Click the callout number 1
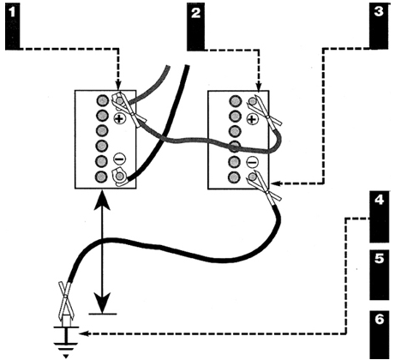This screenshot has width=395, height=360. click(12, 13)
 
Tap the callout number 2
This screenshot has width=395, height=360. click(195, 13)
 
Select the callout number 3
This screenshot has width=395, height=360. click(379, 12)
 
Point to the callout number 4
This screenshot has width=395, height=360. click(379, 200)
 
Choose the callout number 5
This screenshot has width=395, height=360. click(379, 259)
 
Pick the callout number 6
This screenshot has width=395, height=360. click(379, 319)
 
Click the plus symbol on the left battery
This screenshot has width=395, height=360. click(120, 118)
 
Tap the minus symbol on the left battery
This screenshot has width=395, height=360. click(119, 159)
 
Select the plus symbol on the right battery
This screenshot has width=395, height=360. click(252, 119)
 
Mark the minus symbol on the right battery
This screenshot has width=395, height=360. click(252, 163)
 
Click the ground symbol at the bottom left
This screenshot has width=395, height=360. click(66, 342)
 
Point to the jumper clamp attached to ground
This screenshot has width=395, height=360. click(66, 302)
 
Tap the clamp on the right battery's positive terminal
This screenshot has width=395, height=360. click(264, 111)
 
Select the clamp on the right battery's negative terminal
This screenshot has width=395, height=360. click(264, 186)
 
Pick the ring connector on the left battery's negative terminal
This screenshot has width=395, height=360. click(119, 177)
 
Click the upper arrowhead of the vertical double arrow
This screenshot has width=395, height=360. click(102, 201)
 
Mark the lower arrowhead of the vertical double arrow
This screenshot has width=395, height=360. click(102, 303)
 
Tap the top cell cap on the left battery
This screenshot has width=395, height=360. click(101, 100)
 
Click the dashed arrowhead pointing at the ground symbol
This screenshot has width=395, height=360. click(84, 333)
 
